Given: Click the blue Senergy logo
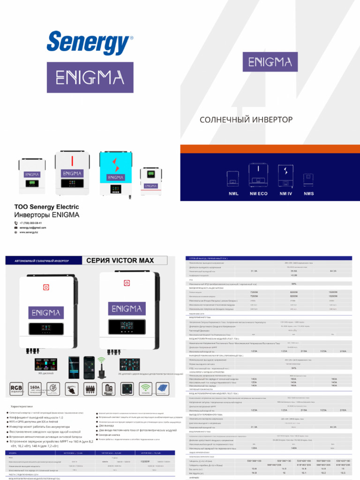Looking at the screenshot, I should (90, 43).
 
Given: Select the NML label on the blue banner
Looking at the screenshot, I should (233, 193).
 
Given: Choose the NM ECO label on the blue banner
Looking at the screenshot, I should (259, 193).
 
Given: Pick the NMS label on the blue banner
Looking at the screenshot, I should (309, 193).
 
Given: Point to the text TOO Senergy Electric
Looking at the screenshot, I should (46, 207).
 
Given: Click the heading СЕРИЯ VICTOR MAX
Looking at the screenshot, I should (118, 260).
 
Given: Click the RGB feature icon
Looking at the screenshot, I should (17, 387).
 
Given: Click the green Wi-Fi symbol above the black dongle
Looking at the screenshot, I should (101, 361).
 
